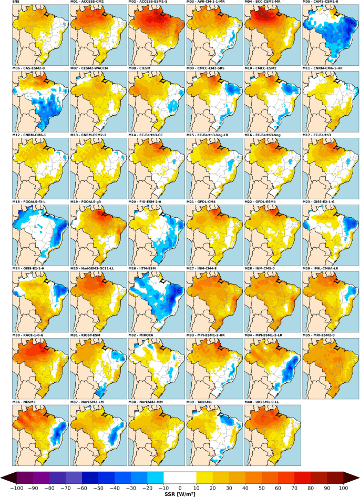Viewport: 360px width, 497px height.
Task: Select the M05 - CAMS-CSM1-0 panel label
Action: [321, 3]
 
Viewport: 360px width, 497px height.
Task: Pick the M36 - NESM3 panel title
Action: [26, 401]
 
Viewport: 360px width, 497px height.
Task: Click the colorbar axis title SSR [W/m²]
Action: [180, 493]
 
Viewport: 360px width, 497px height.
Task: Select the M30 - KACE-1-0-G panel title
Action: [31, 334]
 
